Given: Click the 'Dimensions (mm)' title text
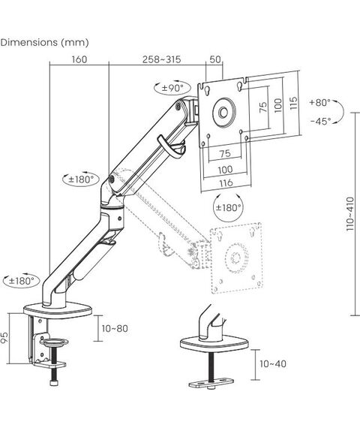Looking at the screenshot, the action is pyautogui.click(x=44, y=43).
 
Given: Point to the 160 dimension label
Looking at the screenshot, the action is pyautogui.click(x=79, y=59).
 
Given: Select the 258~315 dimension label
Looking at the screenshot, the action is pyautogui.click(x=161, y=59).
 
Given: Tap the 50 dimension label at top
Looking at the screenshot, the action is pyautogui.click(x=215, y=59).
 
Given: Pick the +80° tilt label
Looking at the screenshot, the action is pyautogui.click(x=320, y=103).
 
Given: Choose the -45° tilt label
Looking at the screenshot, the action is pyautogui.click(x=321, y=121).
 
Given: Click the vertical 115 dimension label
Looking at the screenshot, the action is pyautogui.click(x=293, y=103).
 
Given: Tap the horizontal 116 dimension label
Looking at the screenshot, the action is pyautogui.click(x=226, y=182).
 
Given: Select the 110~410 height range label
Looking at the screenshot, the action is pyautogui.click(x=350, y=214).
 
